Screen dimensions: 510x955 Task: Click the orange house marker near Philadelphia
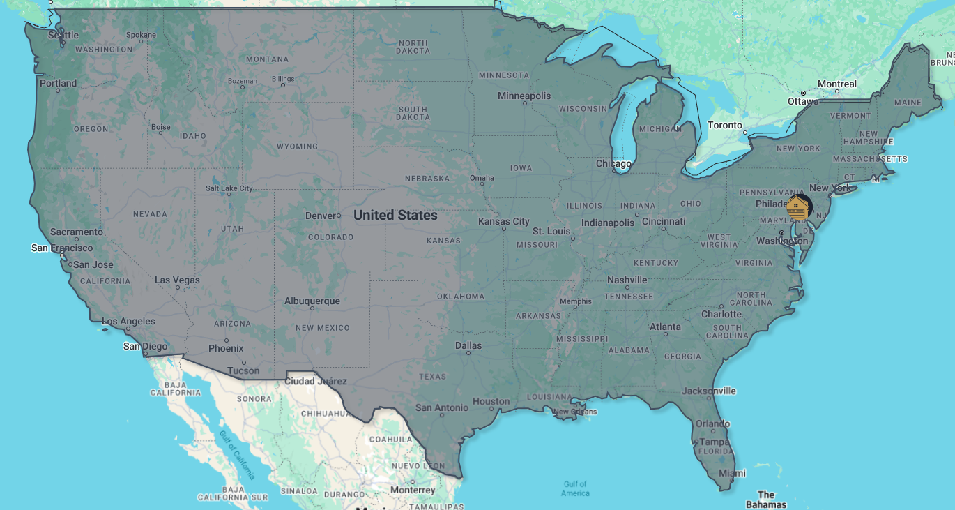pos(797,208)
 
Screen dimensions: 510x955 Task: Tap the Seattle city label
pos(63,35)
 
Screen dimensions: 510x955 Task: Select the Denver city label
pos(321,216)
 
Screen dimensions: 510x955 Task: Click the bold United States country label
pos(395,215)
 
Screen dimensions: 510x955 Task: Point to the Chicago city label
pos(613,164)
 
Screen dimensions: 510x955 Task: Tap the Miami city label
pos(732,473)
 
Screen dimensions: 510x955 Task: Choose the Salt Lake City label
pos(229,188)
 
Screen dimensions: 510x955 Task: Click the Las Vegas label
pos(177,280)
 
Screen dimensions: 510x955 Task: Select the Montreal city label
pos(836,84)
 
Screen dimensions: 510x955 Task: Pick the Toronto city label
pos(725,125)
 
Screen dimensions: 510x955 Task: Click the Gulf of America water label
pos(575,488)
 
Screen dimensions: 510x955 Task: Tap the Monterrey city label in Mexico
pos(413,490)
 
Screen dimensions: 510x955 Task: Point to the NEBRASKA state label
pos(427,178)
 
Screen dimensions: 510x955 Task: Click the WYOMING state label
pos(297,147)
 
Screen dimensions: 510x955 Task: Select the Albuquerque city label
pos(312,301)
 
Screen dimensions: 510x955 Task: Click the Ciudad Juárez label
pos(316,381)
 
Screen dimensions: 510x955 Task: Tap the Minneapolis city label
pos(524,96)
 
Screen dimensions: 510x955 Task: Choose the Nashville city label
pos(627,280)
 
